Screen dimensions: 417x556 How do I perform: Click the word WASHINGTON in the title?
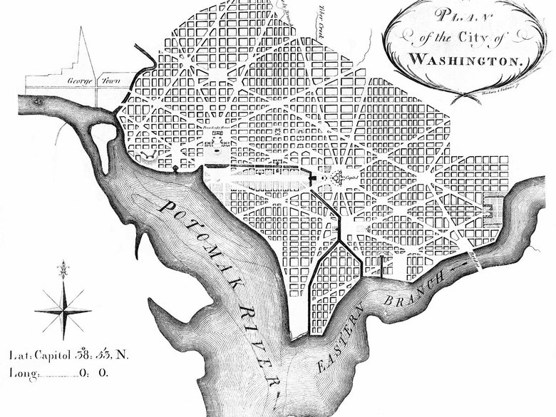coord(466,58)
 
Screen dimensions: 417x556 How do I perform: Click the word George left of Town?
coord(81,81)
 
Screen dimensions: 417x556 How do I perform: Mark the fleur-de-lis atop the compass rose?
coord(63,270)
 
